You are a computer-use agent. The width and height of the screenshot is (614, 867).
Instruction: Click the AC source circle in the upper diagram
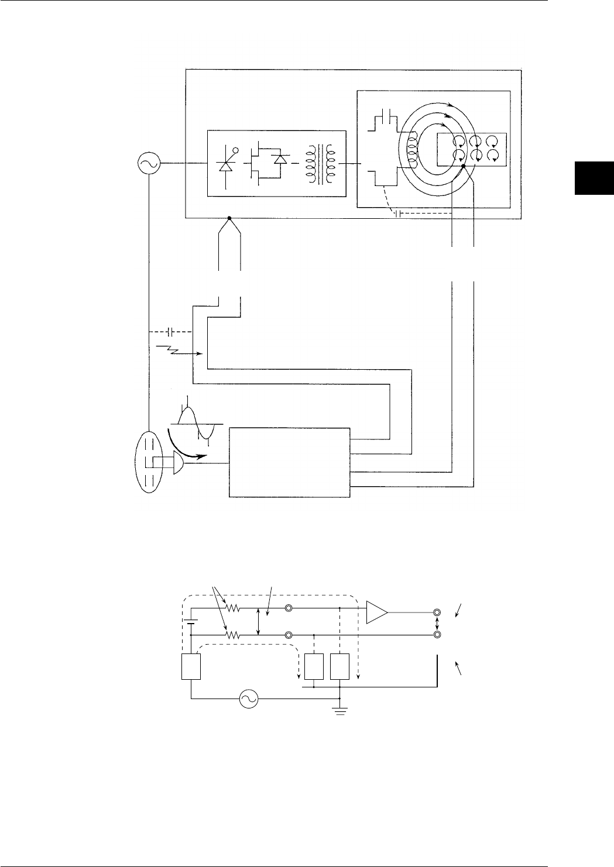coord(146,164)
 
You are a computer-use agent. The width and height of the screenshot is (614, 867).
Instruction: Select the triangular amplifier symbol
coord(376,612)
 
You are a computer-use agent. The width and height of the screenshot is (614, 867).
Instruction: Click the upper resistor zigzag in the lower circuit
coord(234,608)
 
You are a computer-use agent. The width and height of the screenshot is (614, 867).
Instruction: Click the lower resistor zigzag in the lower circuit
coord(234,635)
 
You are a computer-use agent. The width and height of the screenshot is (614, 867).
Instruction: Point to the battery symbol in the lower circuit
coord(191,622)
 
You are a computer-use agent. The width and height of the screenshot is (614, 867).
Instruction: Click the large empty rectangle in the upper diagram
coord(289,463)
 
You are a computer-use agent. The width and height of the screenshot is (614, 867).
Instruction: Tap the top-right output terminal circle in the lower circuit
coord(437,613)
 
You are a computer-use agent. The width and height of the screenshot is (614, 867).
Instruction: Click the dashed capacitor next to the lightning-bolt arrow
coord(170,332)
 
